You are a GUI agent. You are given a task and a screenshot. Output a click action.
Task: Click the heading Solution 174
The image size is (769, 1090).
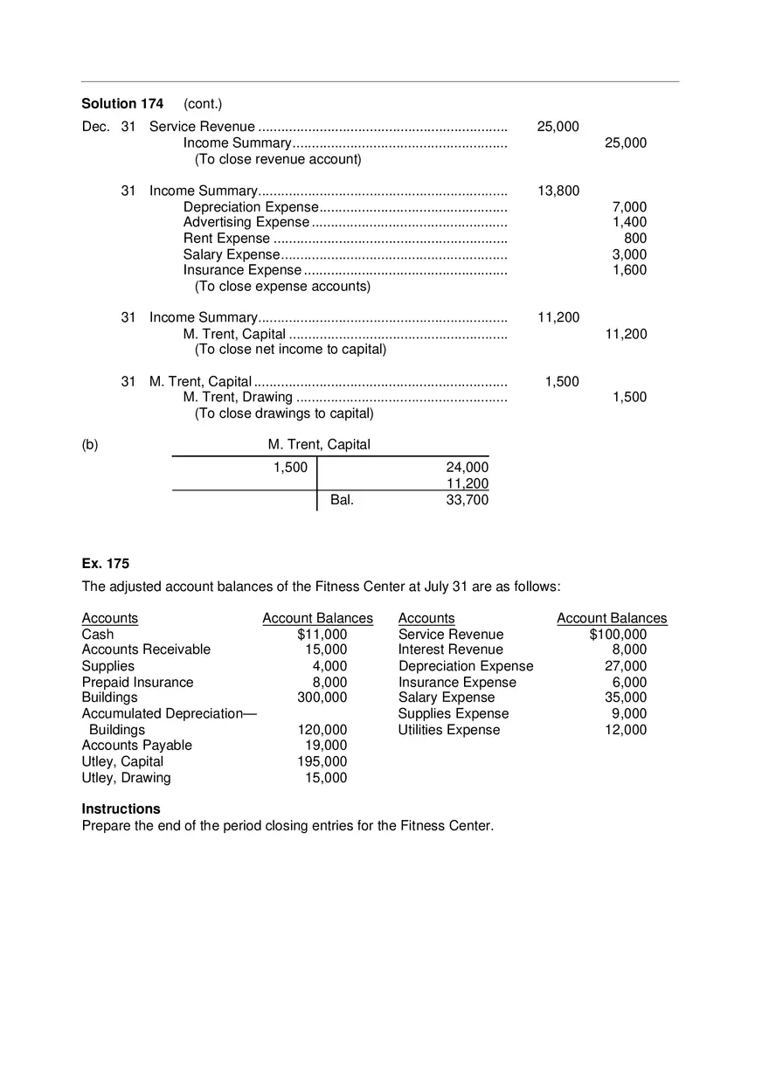(x=122, y=104)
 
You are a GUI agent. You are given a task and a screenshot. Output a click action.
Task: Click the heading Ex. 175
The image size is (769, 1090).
(x=105, y=564)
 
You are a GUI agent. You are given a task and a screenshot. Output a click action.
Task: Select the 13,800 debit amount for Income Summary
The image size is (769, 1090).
(x=558, y=191)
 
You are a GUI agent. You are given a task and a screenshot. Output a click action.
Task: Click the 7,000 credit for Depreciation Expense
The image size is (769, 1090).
(x=629, y=207)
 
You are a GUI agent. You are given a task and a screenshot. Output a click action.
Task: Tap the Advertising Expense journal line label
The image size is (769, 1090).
(x=246, y=222)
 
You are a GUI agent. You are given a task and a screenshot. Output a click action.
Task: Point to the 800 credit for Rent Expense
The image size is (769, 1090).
(x=635, y=239)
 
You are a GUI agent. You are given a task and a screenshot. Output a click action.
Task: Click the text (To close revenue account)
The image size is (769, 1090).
(x=277, y=159)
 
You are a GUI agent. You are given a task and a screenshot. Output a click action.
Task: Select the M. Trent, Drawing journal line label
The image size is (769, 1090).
(x=238, y=397)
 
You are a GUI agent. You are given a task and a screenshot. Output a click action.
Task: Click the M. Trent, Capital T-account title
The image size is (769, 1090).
(x=319, y=444)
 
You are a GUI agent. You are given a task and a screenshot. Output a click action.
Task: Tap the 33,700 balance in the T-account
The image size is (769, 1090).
(x=467, y=500)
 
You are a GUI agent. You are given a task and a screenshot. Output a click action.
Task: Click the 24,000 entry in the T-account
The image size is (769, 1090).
(x=467, y=468)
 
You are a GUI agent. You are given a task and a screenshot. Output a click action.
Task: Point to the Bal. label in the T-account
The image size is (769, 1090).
(x=342, y=500)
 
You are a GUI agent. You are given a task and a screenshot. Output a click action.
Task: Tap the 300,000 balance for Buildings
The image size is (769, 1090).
(x=322, y=698)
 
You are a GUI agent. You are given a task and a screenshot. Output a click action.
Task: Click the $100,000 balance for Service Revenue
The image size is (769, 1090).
(x=618, y=635)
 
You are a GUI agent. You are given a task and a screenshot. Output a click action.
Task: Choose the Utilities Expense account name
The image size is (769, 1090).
(x=449, y=730)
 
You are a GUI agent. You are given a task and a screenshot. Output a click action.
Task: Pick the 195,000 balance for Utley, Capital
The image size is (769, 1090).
(x=322, y=761)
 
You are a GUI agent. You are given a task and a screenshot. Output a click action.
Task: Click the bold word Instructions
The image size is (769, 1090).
(x=121, y=809)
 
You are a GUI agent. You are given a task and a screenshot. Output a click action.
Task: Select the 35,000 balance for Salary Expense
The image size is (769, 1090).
(x=626, y=698)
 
